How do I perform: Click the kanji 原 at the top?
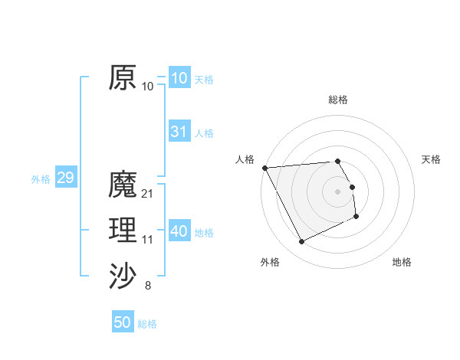[x=123, y=77]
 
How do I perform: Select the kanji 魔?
[x=123, y=185]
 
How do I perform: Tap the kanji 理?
[x=123, y=229]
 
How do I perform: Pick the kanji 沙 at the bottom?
[x=123, y=275]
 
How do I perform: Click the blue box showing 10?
[x=179, y=78]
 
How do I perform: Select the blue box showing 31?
[x=179, y=132]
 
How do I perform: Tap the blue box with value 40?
[x=179, y=231]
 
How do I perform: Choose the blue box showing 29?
[x=65, y=178]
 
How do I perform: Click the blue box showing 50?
[x=123, y=322]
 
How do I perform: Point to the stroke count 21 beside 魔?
[x=148, y=194]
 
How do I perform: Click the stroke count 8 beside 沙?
[x=148, y=286]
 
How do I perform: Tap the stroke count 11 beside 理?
[x=148, y=240]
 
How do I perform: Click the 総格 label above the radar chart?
[x=338, y=100]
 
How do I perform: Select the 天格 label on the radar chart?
[x=432, y=159]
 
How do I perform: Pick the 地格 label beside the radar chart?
[x=402, y=262]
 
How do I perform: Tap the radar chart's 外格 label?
[x=270, y=262]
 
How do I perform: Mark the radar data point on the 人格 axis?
[x=264, y=168]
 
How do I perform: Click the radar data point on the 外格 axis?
[x=301, y=242]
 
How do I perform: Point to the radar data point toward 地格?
[x=356, y=217]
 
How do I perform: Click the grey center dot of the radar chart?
[x=338, y=191]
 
